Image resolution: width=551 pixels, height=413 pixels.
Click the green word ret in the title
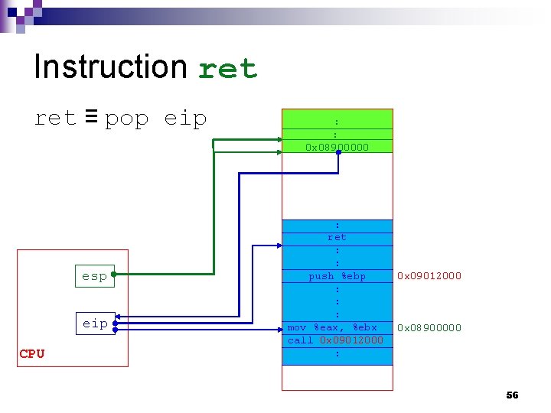[227, 69]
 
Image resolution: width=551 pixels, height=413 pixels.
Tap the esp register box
[94, 275]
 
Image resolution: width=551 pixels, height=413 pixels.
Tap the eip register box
[95, 324]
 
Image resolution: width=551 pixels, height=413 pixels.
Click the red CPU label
[32, 353]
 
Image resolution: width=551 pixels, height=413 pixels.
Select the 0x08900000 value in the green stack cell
[337, 146]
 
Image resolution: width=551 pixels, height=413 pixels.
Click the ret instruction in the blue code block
[337, 237]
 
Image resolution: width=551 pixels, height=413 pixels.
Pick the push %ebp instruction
[337, 275]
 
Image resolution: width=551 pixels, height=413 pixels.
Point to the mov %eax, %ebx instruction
[332, 327]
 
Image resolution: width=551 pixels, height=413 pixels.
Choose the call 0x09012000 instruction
[335, 340]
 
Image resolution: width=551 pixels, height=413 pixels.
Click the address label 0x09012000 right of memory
[429, 275]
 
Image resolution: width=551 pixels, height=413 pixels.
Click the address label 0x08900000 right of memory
[429, 327]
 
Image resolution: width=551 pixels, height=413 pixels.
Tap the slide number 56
[512, 395]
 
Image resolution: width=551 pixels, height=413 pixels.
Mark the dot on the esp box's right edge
[112, 275]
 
